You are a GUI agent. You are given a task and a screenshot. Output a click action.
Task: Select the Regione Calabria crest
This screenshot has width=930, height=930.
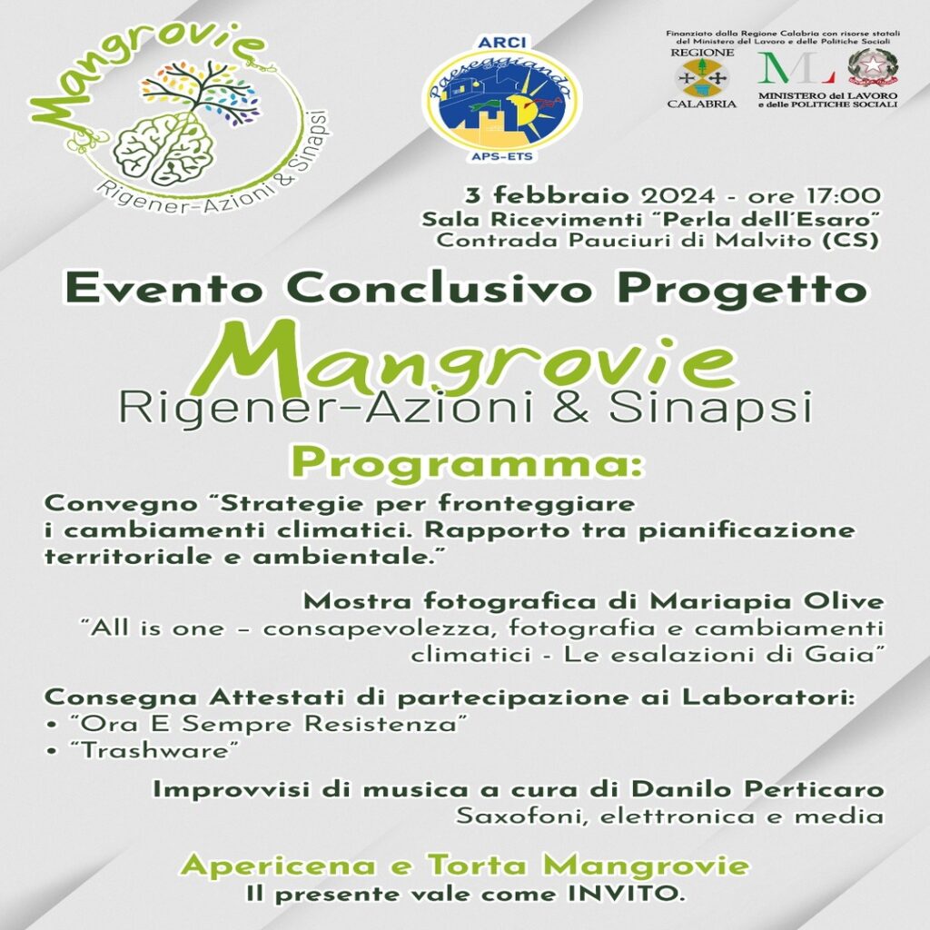point(702,78)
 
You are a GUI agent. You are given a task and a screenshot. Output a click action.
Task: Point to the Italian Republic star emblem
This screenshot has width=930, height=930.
point(873,68)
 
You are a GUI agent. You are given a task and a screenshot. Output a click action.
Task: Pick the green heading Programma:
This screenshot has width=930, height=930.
point(469,463)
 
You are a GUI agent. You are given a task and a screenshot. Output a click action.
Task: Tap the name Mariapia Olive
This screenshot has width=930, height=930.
point(767,602)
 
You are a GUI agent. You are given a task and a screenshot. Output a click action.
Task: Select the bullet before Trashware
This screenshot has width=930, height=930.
point(53,752)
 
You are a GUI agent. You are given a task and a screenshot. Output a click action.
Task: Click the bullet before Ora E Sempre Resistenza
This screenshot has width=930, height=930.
point(53,726)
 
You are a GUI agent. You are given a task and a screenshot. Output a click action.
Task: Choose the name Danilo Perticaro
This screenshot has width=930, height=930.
point(757,789)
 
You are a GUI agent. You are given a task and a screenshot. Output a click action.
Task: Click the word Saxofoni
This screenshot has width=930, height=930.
point(522,816)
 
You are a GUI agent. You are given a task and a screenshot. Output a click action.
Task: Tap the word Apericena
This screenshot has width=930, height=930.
point(278,866)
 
